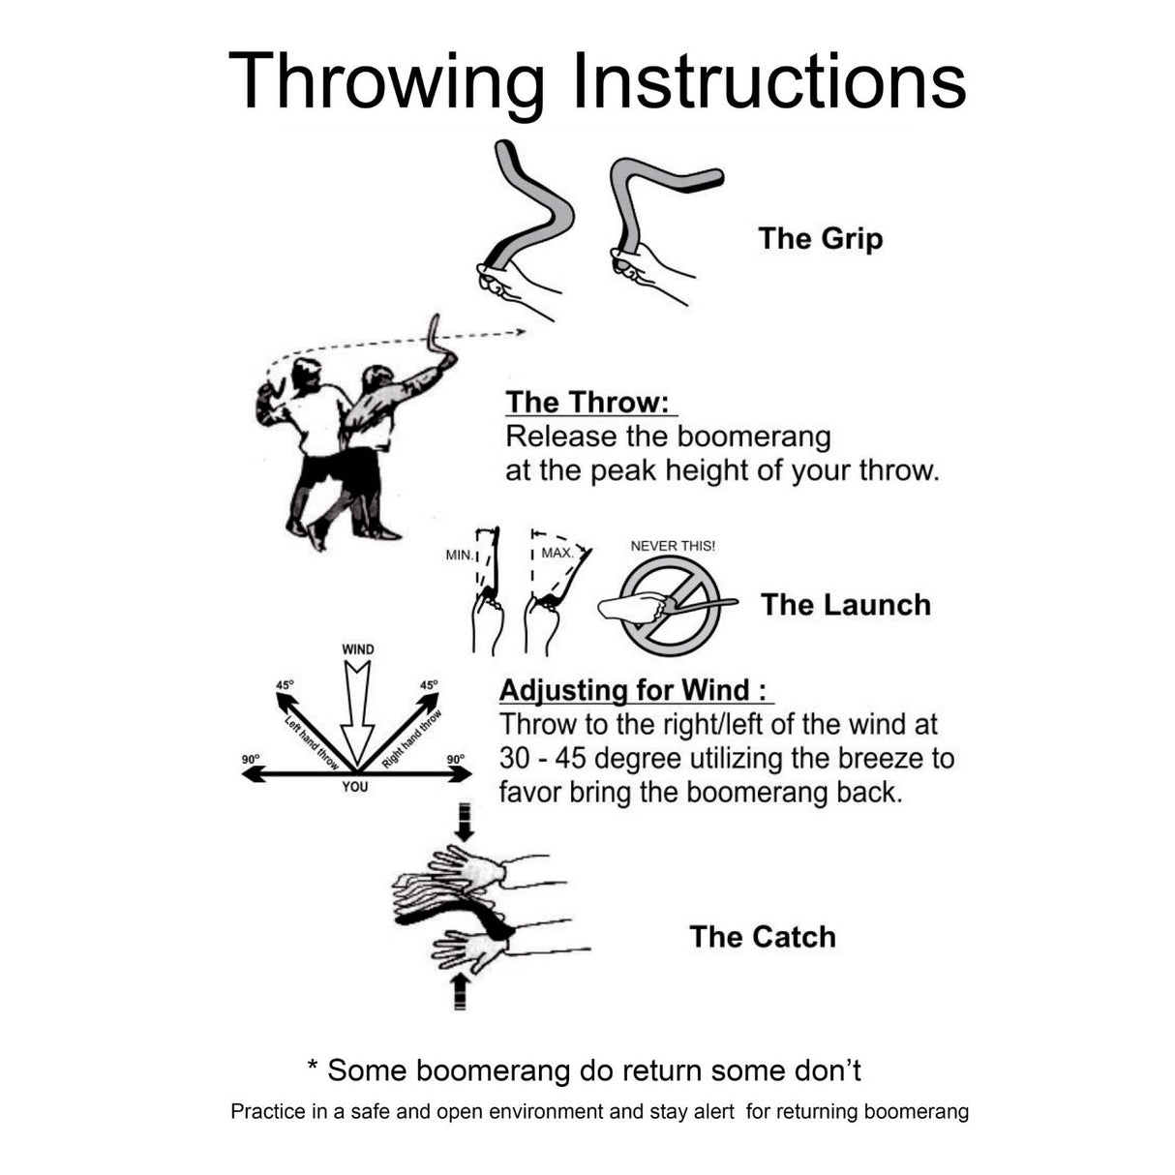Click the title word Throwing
[x=387, y=81]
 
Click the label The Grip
[x=820, y=238]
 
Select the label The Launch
[x=845, y=605]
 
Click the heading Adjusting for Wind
[x=634, y=690]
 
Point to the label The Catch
[x=762, y=937]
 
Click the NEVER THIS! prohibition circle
[x=670, y=607]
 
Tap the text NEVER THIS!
[x=673, y=546]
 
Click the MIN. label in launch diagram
[x=459, y=556]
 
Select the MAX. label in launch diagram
[x=557, y=553]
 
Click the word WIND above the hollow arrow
[x=357, y=649]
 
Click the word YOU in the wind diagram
[x=355, y=787]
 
